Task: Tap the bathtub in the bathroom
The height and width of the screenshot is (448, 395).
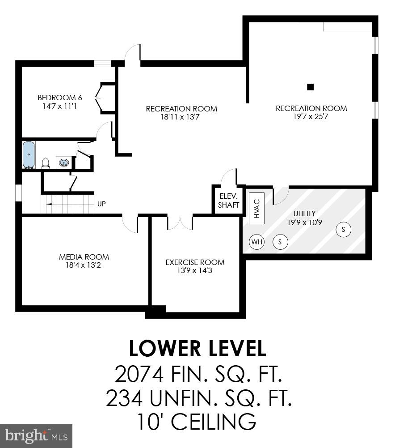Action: pos(29,155)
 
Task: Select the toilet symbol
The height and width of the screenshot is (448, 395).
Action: pos(45,163)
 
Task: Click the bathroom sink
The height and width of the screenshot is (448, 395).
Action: pos(64,162)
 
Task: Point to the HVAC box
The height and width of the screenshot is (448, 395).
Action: pos(256,208)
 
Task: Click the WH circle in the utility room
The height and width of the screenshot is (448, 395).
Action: pos(256,242)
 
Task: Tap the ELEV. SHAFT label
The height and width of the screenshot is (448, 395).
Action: pos(229,201)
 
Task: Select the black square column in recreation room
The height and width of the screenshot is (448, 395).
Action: pos(311,87)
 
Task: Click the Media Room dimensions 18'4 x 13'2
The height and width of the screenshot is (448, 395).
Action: pos(84,265)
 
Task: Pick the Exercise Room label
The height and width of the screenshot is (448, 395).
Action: pos(195,262)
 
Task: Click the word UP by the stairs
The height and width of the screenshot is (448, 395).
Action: pos(101,204)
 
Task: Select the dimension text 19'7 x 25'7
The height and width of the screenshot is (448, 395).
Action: pos(311,116)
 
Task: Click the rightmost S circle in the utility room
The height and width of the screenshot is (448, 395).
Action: pos(344,230)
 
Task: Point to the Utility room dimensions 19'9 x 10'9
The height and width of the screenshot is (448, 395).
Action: pos(304,222)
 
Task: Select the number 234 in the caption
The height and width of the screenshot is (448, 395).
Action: pos(123,398)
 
